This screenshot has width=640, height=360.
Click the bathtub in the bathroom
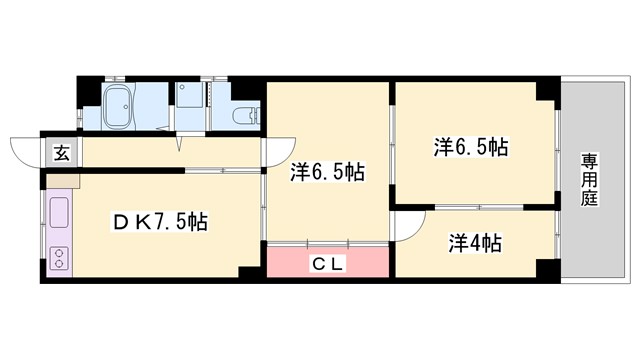pos(120,104)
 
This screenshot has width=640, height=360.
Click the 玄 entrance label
pos(61,153)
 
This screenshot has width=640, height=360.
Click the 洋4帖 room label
pos(475,243)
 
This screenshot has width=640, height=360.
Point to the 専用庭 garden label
pos(589,180)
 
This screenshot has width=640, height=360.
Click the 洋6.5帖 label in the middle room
pos(327,171)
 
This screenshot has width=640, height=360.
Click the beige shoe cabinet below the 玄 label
pos(62,181)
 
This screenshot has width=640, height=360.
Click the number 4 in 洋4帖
pos(476,243)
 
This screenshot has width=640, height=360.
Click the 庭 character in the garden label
pos(589,198)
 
